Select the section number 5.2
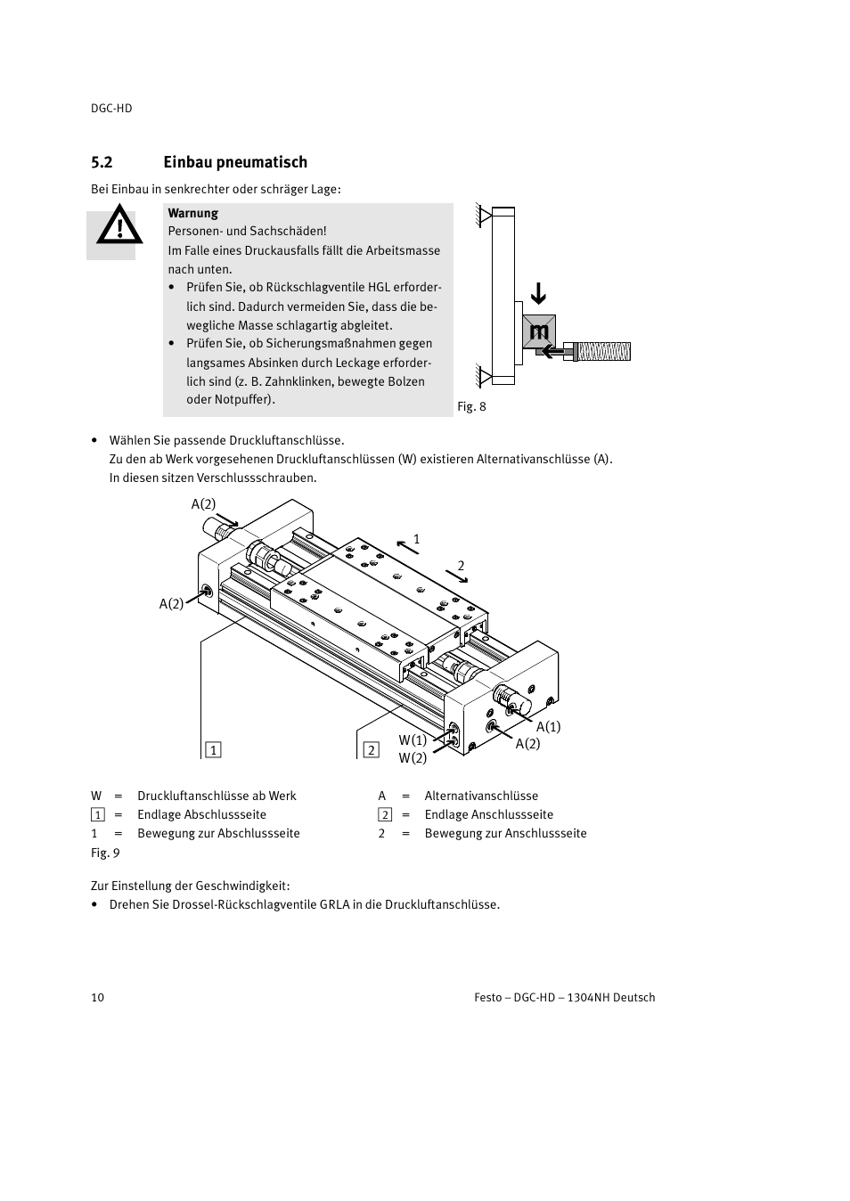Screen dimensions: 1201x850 pos(102,162)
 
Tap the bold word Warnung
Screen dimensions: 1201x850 pos(192,213)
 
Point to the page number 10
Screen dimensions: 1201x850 pos(97,997)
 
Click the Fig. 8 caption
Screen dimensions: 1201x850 pos(471,406)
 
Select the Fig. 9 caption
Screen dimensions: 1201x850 pos(105,853)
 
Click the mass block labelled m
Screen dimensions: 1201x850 pos(538,332)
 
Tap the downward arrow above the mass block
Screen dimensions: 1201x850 pos(538,293)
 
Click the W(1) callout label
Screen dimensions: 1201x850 pos(413,739)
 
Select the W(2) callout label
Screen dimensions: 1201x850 pos(413,758)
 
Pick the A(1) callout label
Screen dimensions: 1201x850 pos(548,727)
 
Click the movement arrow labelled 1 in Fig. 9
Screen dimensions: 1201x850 pos(407,546)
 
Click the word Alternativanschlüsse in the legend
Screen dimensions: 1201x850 pos(481,796)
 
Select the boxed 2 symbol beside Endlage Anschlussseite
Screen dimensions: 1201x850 pos(385,814)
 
